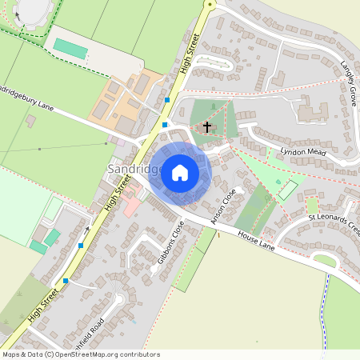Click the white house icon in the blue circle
point(180,171)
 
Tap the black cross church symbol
point(207,126)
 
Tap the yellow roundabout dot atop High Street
point(210,4)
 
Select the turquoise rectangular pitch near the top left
point(70,48)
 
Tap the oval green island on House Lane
point(324,259)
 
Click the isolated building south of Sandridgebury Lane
point(30,121)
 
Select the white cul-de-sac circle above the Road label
point(120,299)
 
